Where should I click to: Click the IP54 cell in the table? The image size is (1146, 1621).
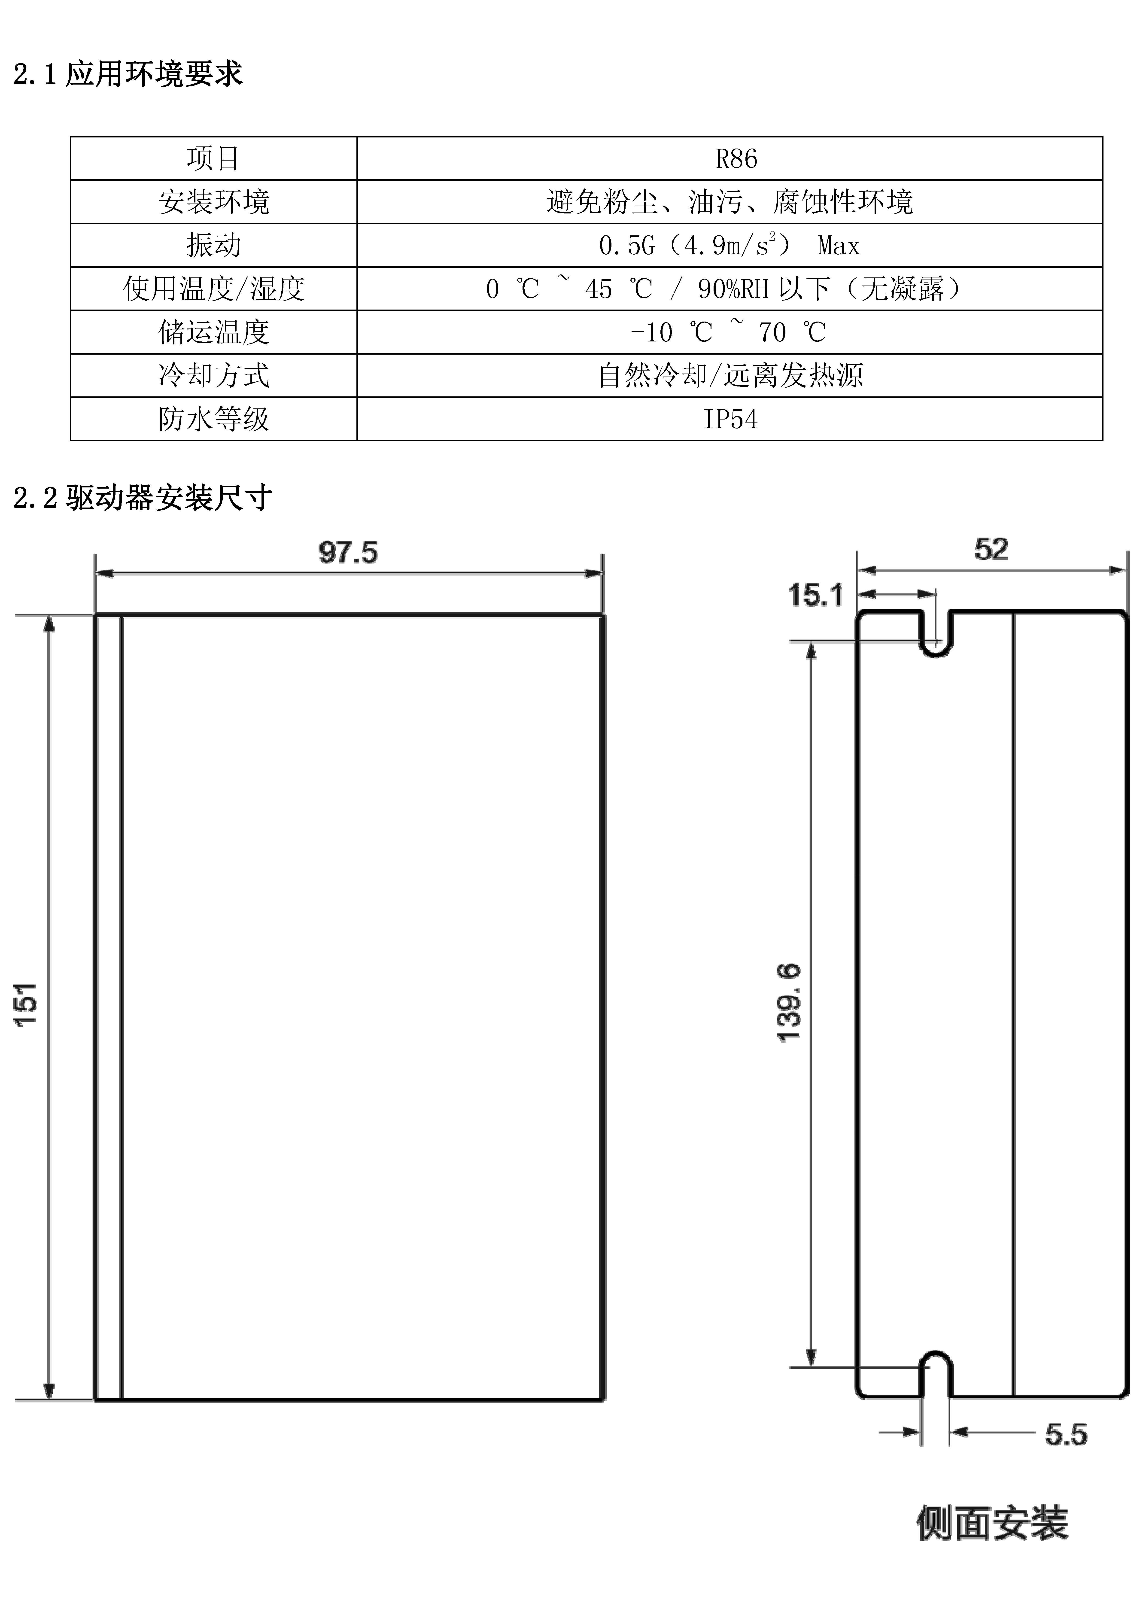tap(730, 419)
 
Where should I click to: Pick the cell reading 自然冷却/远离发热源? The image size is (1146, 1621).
tap(730, 375)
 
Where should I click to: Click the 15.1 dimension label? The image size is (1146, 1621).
tap(815, 595)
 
